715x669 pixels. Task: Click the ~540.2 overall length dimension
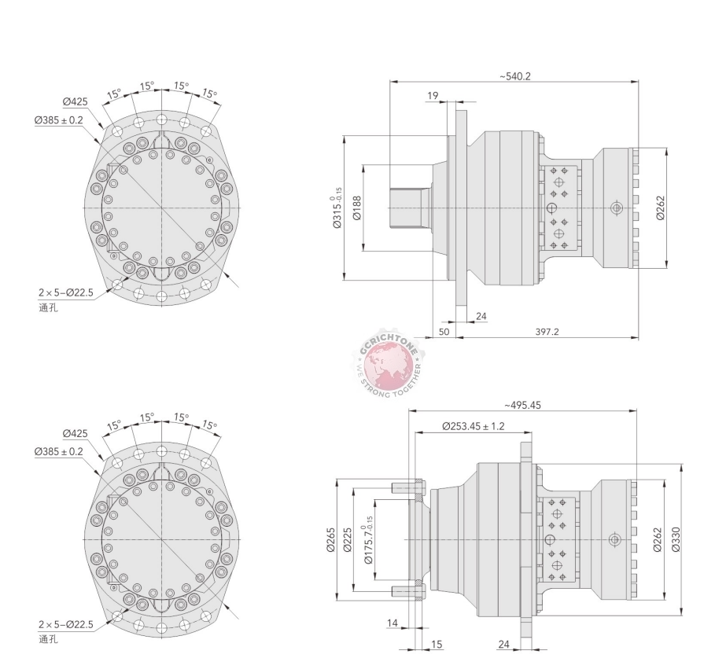(x=515, y=76)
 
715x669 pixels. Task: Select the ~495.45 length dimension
(x=522, y=405)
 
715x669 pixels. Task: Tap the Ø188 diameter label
(x=357, y=208)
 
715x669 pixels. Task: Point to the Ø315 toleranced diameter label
(x=337, y=208)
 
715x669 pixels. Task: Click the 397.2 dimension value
(x=547, y=332)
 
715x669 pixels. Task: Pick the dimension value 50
(x=444, y=332)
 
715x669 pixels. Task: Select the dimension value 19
(x=433, y=96)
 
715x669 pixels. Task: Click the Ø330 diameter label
(x=676, y=539)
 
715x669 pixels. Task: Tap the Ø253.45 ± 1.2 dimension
(x=474, y=426)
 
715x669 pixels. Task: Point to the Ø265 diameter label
(x=331, y=539)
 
